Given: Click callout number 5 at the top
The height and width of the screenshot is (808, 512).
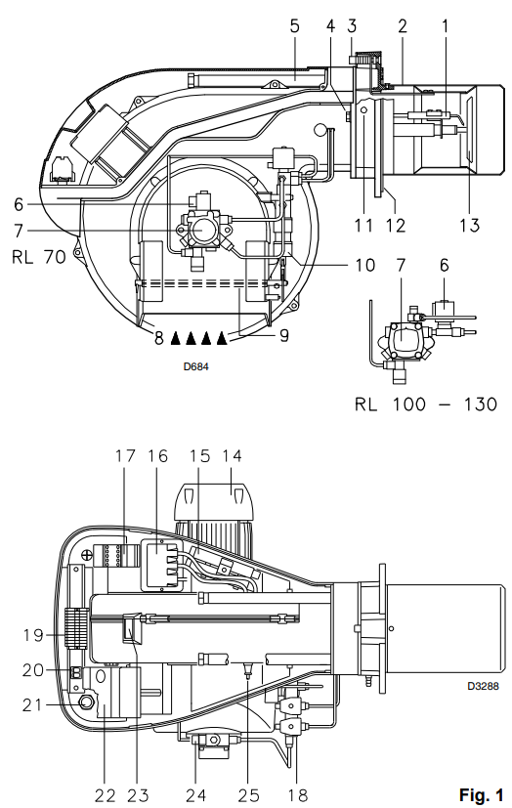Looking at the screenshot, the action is tap(294, 25).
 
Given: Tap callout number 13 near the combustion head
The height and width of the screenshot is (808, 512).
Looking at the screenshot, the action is tap(469, 225).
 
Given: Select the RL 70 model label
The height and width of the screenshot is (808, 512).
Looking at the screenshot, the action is tap(39, 256).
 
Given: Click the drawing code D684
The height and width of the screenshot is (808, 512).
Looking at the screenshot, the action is tap(196, 367).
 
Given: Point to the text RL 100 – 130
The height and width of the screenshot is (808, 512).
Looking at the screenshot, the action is tap(426, 404).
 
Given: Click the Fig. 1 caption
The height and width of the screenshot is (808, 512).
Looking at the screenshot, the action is tap(481, 794).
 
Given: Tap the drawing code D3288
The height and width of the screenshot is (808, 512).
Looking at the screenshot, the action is tap(483, 686).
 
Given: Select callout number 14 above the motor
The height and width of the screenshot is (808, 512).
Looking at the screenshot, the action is tap(232, 456).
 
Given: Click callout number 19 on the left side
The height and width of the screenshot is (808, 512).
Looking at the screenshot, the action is tap(33, 635).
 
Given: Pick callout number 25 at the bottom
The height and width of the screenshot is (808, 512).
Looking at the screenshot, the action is tap(248, 795).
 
